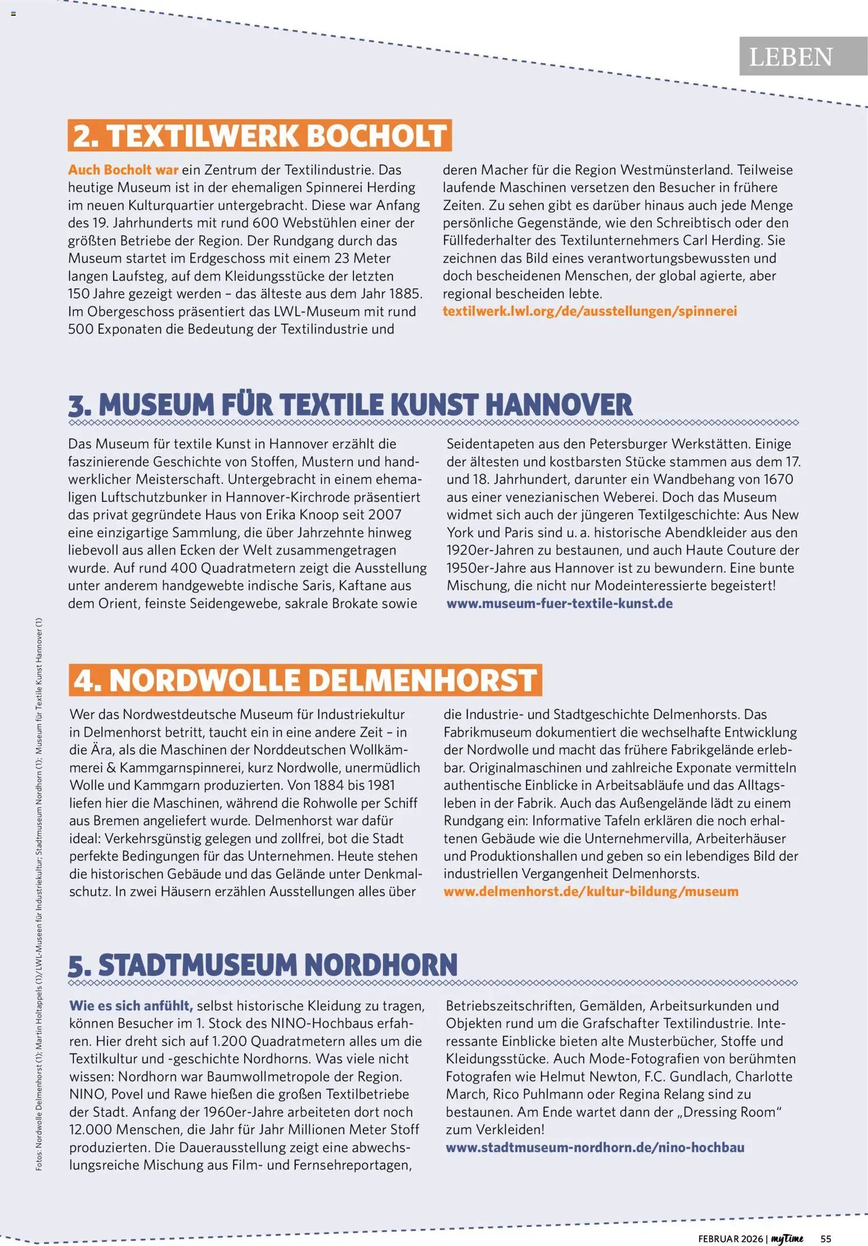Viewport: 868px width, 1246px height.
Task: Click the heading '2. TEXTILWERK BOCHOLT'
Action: (x=260, y=135)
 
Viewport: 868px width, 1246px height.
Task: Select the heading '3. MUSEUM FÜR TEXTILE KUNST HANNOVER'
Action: (x=351, y=405)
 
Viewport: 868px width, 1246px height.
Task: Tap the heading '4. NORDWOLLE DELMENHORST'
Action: (x=305, y=680)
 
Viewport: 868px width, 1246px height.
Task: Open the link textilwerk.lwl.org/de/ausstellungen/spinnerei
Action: (x=590, y=311)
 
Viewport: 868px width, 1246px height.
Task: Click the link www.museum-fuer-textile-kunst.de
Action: (x=559, y=603)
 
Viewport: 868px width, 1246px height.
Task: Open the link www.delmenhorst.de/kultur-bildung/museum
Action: (x=591, y=891)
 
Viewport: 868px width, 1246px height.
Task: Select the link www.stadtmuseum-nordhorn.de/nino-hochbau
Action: (x=595, y=1147)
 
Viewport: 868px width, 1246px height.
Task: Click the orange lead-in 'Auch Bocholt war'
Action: (x=123, y=170)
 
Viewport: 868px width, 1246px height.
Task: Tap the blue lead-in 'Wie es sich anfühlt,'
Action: (x=131, y=1005)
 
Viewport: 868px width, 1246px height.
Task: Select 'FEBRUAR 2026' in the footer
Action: (x=730, y=1238)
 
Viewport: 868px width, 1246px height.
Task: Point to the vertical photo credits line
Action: (x=39, y=896)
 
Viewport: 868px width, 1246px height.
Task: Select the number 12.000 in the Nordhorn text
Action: (x=91, y=1130)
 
